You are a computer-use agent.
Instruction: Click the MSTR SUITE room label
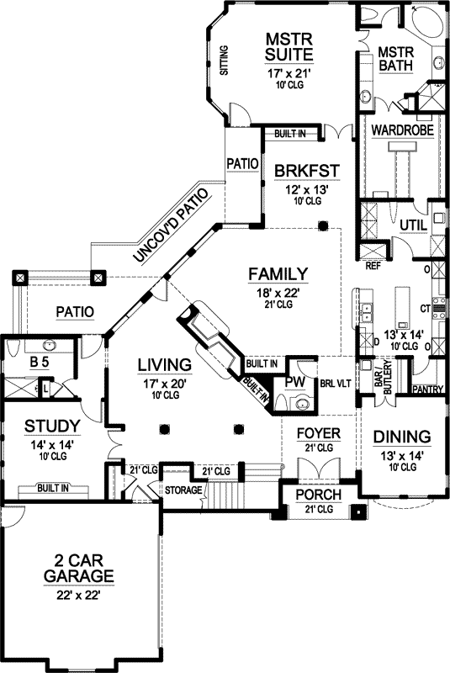point(290,47)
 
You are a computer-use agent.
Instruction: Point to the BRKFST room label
point(306,171)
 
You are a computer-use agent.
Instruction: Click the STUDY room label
point(51,425)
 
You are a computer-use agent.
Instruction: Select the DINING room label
point(401,437)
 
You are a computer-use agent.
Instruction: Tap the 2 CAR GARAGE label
point(80,568)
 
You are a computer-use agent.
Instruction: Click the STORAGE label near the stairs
point(183,490)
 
